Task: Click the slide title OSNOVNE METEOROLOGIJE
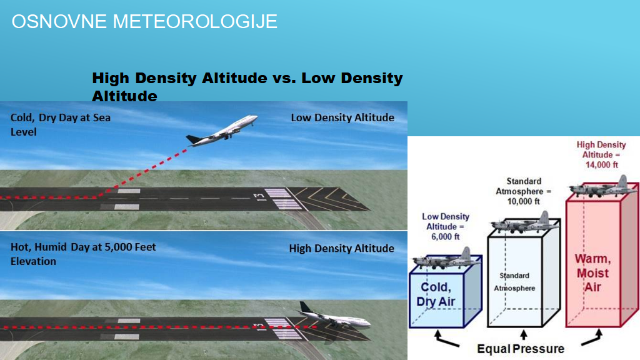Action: pos(144,22)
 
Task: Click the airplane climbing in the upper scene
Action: pos(222,130)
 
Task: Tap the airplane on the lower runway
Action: pos(335,316)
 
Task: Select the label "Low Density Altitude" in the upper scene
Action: pos(342,117)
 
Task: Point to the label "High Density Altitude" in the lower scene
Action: pos(342,248)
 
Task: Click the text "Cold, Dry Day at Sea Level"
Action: pos(61,124)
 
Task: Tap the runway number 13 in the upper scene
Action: pos(259,197)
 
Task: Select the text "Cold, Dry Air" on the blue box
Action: pos(436,294)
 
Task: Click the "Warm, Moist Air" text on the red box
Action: pos(592,272)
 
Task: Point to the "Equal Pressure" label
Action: pos(521,349)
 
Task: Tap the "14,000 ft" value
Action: pos(602,165)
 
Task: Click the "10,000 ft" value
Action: pos(523,201)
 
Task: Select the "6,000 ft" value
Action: pos(445,237)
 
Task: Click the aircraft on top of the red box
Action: pos(602,187)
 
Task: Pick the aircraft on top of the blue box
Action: pos(446,259)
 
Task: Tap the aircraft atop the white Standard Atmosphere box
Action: pos(524,223)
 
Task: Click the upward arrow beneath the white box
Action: pos(524,335)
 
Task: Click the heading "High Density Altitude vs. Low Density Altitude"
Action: pos(247,87)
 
